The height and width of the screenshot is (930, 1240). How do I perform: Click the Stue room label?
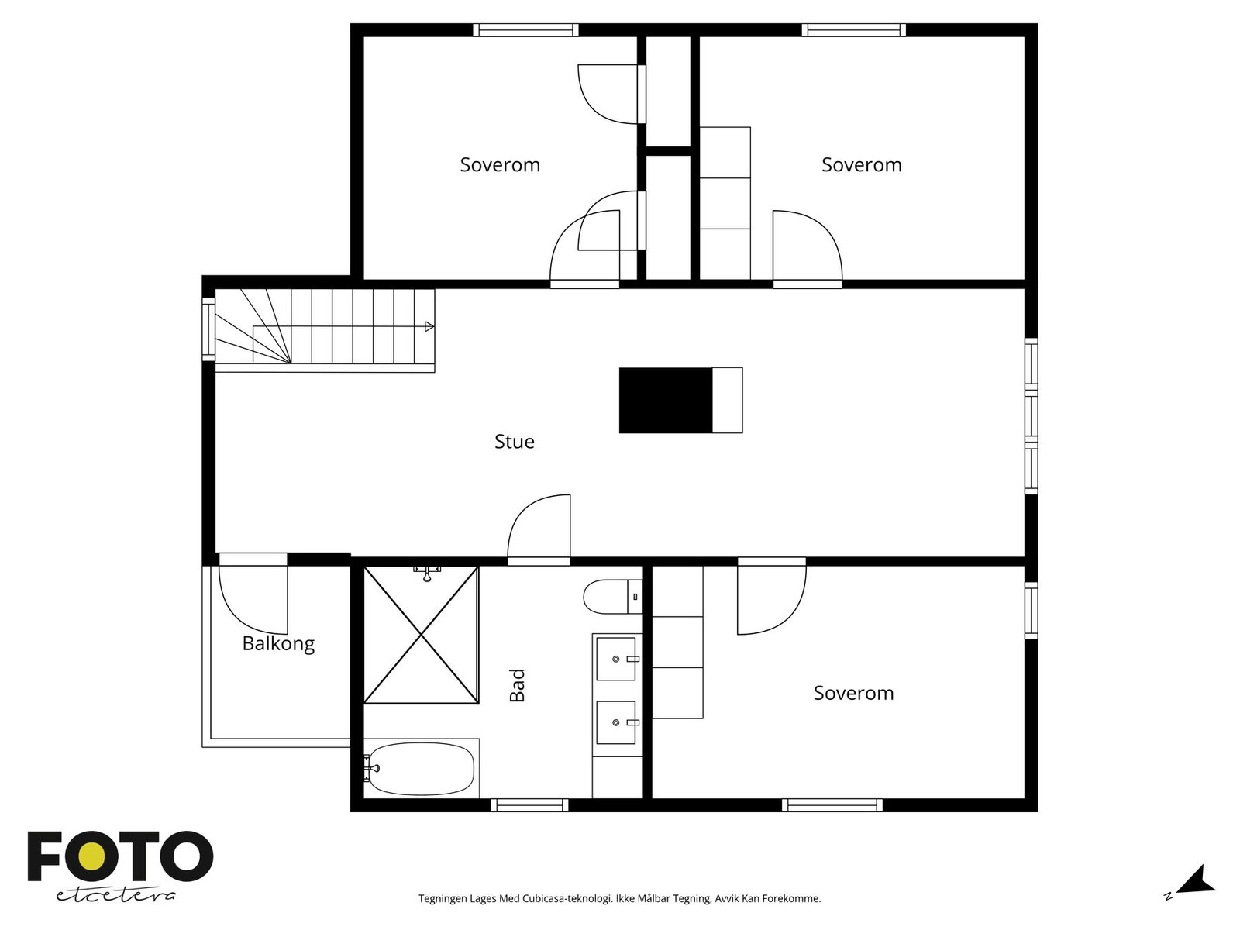point(514,442)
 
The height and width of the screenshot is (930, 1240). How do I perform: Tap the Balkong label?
point(278,643)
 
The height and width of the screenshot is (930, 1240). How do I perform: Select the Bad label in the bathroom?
point(518,685)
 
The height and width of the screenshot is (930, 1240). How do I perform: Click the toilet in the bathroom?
point(613,596)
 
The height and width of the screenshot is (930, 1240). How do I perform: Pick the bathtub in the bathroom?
point(422,769)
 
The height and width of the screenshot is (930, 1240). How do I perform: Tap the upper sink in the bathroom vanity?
point(616,659)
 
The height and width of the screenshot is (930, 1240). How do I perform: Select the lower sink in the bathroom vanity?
point(616,723)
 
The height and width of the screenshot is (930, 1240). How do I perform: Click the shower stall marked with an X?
point(422,635)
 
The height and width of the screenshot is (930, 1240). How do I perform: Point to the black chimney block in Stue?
point(666,401)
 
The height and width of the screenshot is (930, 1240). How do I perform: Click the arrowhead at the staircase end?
point(429,326)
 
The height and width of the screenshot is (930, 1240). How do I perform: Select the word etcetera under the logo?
point(115,896)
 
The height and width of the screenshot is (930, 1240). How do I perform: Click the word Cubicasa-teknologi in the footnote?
point(568,898)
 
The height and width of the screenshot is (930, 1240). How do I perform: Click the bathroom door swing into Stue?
point(539,529)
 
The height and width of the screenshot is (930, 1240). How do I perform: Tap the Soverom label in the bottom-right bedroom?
point(853,693)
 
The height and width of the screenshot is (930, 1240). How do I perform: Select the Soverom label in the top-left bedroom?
point(500,165)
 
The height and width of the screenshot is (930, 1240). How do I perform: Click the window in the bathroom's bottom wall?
point(529,805)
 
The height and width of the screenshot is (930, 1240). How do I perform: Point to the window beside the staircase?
point(208,329)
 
